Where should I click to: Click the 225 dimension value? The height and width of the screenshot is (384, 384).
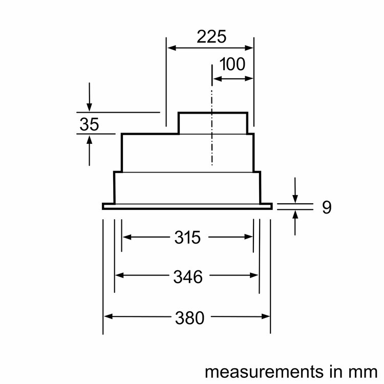click(211, 37)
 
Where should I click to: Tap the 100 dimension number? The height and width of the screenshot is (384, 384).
click(232, 64)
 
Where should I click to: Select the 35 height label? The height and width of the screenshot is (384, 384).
click(90, 124)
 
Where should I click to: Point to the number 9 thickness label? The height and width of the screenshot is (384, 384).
click(327, 207)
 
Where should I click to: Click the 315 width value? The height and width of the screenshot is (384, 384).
click(187, 237)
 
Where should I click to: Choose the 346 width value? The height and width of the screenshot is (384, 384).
click(188, 276)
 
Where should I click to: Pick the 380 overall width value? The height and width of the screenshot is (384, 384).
click(189, 318)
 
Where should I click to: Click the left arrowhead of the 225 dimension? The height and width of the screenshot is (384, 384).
click(171, 48)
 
